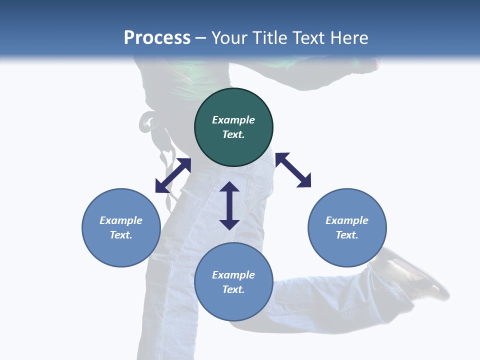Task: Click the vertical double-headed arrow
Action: tap(229, 205)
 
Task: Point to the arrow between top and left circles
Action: tap(173, 175)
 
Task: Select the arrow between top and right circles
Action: tap(293, 170)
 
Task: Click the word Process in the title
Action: tap(157, 37)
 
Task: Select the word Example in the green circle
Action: tap(233, 120)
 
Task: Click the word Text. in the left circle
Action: tap(121, 235)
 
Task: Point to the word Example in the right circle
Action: tap(347, 220)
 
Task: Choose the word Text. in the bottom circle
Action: tap(233, 289)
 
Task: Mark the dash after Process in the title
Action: tap(201, 38)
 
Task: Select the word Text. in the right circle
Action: tap(347, 235)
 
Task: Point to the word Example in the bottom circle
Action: tap(233, 275)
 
